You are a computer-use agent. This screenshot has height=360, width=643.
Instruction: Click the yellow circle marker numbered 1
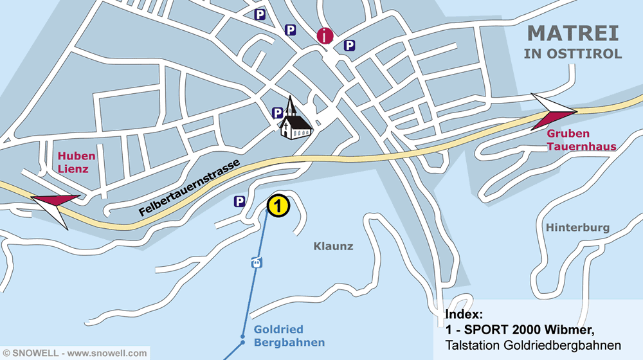278,206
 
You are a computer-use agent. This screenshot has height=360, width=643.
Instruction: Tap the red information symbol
326,36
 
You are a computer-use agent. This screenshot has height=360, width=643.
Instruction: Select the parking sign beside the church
277,113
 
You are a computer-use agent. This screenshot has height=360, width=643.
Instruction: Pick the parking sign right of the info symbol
349,45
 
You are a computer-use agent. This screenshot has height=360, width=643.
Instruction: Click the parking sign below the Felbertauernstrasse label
239,202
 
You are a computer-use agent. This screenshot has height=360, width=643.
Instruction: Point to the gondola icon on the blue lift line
257,262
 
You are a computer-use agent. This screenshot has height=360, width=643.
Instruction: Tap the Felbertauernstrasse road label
189,188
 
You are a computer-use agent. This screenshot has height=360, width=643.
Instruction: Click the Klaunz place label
333,246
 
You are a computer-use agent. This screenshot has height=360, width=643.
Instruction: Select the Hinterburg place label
577,228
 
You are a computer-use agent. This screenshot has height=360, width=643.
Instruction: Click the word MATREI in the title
573,33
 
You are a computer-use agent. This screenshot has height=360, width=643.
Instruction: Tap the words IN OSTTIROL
573,54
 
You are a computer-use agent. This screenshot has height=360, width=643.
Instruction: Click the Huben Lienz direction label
77,162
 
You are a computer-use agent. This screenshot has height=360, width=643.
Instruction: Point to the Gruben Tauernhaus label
581,140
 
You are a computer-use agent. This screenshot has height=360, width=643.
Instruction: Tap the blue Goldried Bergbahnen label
289,336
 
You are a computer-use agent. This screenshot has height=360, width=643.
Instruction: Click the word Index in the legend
464,314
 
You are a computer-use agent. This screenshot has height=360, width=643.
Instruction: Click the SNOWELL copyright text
74,353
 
